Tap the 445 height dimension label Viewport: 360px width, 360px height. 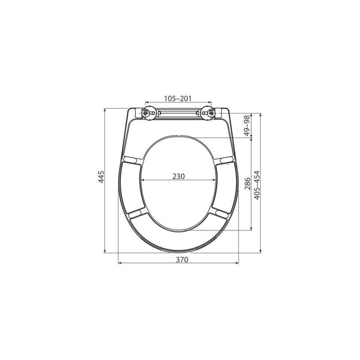(102, 177)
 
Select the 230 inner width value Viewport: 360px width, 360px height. (179, 176)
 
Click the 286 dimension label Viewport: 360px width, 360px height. (247, 184)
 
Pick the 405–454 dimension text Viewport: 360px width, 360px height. (257, 185)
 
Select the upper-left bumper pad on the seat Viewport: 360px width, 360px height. (130, 159)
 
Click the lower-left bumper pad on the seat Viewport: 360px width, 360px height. (136, 212)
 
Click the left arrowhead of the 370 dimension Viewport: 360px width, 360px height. (119, 263)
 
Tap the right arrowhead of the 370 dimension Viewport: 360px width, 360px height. (238, 263)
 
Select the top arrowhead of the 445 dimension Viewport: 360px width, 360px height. (105, 109)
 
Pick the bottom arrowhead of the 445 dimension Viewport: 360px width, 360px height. (105, 251)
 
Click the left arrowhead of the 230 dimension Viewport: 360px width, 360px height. (143, 180)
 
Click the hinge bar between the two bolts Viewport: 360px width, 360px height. (178, 113)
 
